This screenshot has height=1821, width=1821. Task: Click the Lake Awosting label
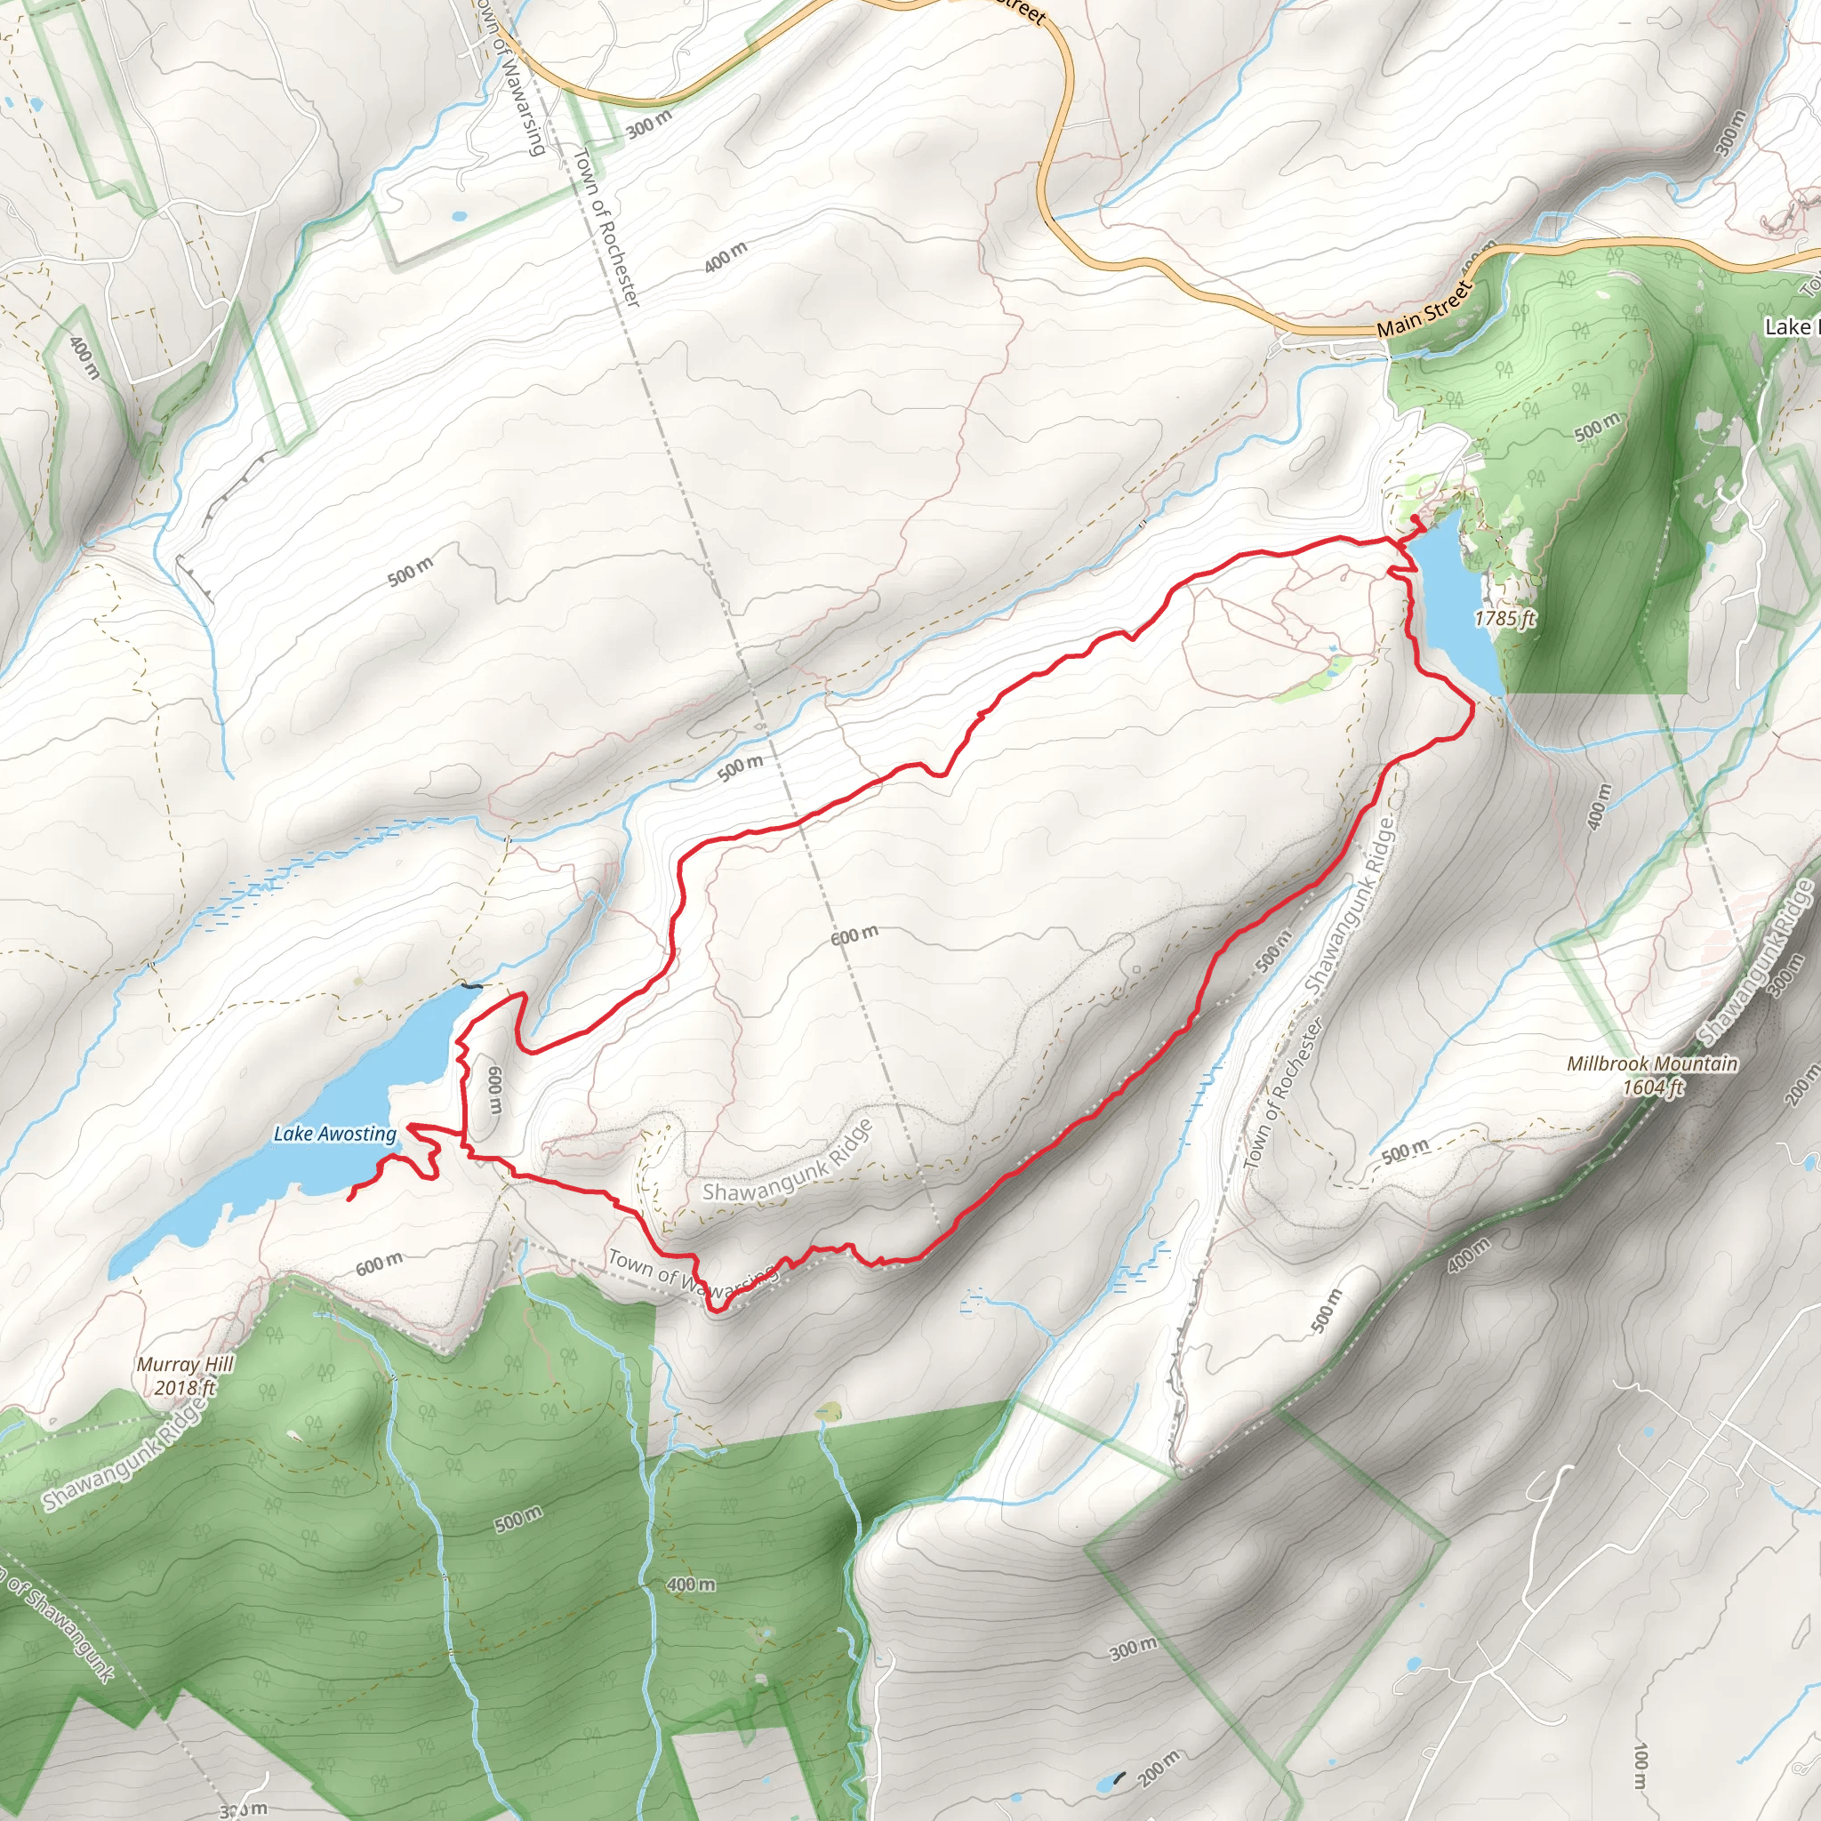click(334, 1134)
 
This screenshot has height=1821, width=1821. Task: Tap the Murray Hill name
click(185, 1364)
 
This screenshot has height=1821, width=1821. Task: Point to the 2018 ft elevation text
click(185, 1387)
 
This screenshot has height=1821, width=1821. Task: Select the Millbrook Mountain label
click(1652, 1063)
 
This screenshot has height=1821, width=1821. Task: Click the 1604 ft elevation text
click(1652, 1087)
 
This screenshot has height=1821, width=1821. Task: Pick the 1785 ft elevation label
click(1504, 618)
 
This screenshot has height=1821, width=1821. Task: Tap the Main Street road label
click(1424, 309)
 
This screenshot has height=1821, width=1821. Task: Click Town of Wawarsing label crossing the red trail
click(693, 1271)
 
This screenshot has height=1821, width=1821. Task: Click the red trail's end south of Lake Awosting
click(350, 1199)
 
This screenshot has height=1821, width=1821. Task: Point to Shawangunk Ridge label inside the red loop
click(788, 1162)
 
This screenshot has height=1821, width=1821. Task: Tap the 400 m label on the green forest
click(691, 1585)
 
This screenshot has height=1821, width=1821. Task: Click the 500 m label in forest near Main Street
click(1598, 427)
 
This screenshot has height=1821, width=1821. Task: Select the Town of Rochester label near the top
click(606, 227)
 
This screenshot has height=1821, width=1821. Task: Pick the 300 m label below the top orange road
click(648, 122)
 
